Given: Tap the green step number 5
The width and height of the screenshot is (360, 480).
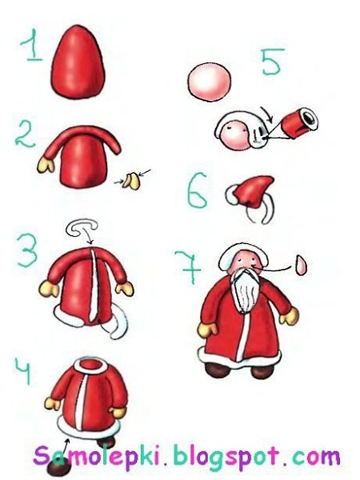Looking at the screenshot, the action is (x=272, y=62).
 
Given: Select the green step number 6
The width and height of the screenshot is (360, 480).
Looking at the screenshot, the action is (x=198, y=190).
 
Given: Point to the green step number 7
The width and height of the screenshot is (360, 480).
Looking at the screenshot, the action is (x=188, y=266).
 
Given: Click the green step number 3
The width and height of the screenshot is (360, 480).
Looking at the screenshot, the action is (x=28, y=250).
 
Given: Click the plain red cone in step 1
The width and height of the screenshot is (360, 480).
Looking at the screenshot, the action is (x=78, y=62).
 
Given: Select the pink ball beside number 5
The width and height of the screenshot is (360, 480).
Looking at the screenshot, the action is (x=210, y=81).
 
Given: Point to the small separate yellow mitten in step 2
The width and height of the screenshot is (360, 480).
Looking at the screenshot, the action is (x=131, y=181).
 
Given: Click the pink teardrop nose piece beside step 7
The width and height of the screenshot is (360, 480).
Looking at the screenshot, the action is (x=302, y=265).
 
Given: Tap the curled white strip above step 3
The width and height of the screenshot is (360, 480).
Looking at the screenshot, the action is (x=82, y=228).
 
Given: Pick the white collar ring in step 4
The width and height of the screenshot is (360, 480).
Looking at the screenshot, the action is (x=90, y=365).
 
